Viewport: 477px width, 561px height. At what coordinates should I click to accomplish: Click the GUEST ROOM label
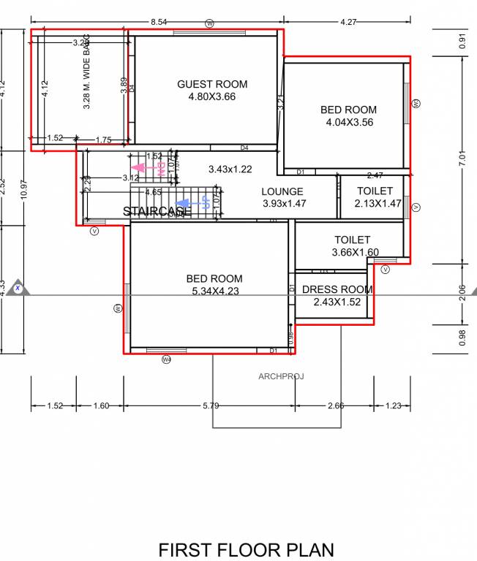tap(212, 85)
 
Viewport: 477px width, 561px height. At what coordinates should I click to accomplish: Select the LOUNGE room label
tap(282, 192)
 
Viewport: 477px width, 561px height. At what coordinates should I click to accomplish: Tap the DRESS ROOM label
tap(337, 290)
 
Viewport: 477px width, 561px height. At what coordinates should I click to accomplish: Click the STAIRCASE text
tap(157, 211)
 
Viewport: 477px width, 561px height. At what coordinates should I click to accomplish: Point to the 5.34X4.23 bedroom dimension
tap(214, 291)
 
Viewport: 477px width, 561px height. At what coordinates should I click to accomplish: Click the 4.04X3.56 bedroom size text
tap(349, 123)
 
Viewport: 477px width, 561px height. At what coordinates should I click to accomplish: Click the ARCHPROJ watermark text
tap(280, 377)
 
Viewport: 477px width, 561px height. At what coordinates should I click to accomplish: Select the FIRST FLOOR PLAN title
tap(246, 549)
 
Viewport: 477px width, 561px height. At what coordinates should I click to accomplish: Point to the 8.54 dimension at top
tap(158, 23)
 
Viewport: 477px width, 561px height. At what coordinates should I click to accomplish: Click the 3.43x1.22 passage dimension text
tap(230, 169)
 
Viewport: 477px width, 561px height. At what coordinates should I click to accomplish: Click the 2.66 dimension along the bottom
tap(337, 406)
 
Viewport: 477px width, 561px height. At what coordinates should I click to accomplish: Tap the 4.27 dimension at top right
tap(349, 23)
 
